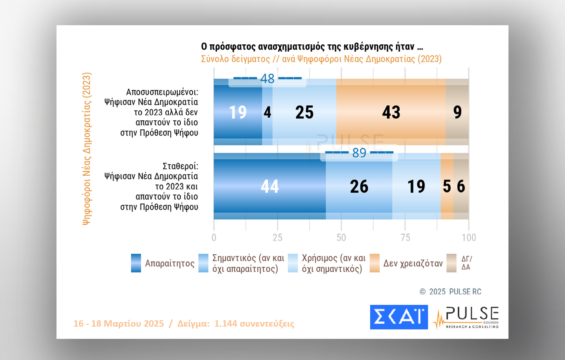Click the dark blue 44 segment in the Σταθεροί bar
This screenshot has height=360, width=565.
pos(269,186)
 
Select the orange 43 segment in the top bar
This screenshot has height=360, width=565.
pos(391,112)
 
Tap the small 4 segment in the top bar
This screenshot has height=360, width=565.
pos(267,112)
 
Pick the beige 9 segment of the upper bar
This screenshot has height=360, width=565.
pos(457,112)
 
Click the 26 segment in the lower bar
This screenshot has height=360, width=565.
pos(359,186)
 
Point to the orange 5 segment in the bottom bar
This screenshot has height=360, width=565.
pos(447,186)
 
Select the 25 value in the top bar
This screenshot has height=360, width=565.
pos(304,112)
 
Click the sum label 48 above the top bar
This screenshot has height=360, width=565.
pos(267,79)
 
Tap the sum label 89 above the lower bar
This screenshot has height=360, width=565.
pos(359,153)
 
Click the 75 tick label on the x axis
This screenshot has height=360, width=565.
pos(405,238)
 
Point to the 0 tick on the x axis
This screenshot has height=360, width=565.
pos(214,238)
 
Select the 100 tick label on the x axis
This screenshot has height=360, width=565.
pos(469,238)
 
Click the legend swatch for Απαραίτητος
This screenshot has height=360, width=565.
pos(136,263)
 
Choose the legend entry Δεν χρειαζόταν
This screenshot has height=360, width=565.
pos(413,264)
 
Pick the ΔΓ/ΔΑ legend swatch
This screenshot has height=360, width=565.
pos(452,263)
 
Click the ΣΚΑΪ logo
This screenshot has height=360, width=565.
pos(399,317)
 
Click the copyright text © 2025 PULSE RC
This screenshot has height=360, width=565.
pos(450,292)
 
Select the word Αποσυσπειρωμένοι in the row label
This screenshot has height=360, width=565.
pos(162,92)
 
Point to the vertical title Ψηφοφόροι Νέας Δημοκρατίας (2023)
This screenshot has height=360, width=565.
pos(87,148)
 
